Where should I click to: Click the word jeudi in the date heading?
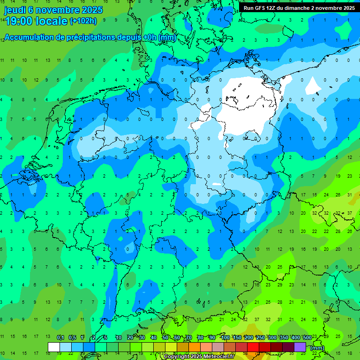click(x=15, y=10)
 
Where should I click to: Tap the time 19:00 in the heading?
click(x=20, y=21)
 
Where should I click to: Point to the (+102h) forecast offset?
click(x=83, y=21)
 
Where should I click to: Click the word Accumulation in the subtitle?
click(x=32, y=37)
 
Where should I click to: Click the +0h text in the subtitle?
click(x=150, y=37)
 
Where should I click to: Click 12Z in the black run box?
click(x=272, y=8)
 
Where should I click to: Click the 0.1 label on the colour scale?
click(x=60, y=338)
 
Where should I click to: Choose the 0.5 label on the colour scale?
click(x=72, y=338)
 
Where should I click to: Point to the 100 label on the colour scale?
click(x=225, y=338)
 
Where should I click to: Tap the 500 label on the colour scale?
click(x=307, y=338)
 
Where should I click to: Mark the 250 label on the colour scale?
click(x=261, y=338)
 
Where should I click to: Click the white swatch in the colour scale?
click(x=54, y=347)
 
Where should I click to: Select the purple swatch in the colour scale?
click(x=300, y=347)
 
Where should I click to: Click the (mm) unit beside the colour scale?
click(x=317, y=348)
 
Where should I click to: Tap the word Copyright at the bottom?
click(x=177, y=357)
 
